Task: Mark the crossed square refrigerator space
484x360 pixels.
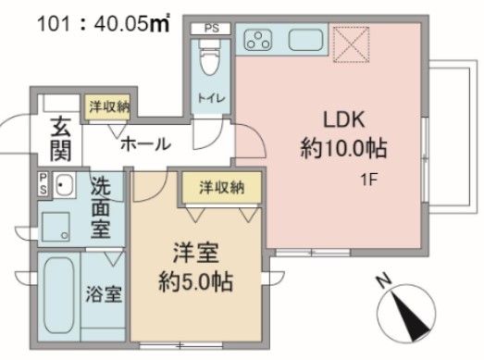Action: click(352, 42)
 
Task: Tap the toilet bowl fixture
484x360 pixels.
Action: click(209, 61)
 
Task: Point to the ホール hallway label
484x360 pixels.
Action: click(145, 144)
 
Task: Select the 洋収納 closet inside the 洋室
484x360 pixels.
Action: click(221, 188)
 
